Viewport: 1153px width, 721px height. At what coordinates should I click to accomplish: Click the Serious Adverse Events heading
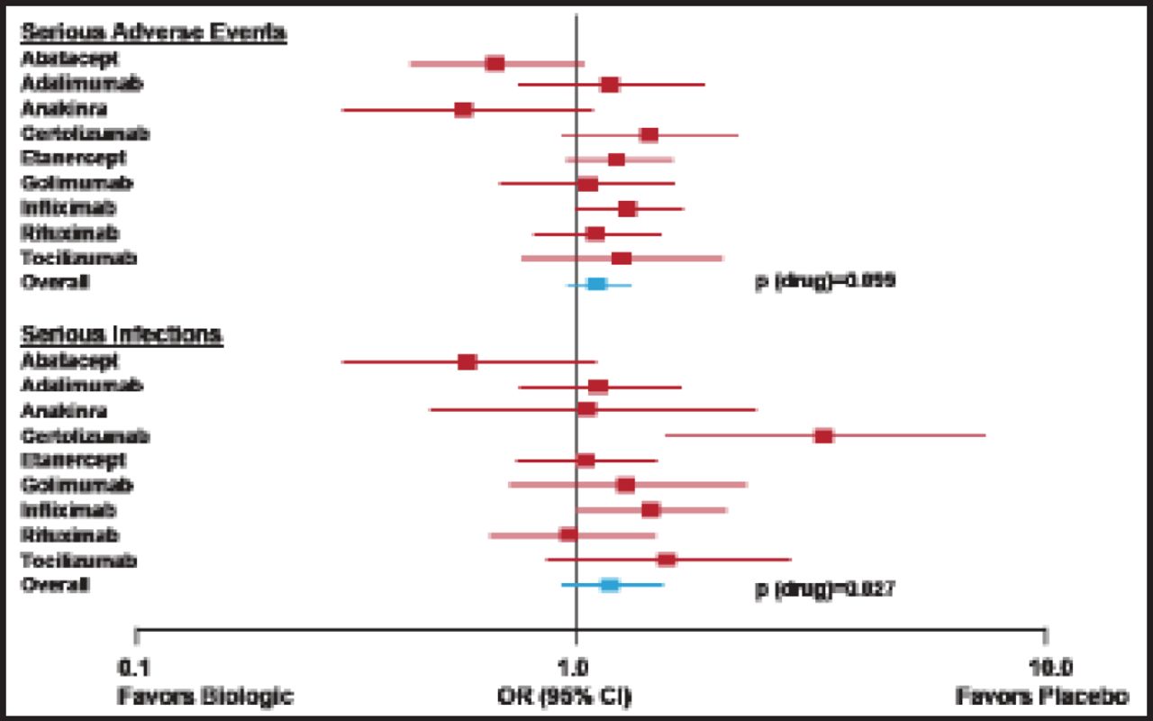tap(154, 32)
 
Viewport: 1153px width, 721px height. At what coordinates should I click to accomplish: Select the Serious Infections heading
tap(122, 334)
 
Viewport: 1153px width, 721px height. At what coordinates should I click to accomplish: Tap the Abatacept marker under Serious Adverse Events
tap(495, 63)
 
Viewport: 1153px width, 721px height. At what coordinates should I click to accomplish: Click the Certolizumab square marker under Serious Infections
tap(823, 436)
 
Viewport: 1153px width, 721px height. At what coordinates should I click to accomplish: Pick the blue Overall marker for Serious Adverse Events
tap(596, 284)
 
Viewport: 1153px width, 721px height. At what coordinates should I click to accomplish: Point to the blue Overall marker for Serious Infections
tap(610, 585)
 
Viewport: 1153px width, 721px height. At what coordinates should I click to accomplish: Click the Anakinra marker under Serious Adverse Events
tap(464, 110)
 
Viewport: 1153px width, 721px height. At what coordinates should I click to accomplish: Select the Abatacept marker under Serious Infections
tap(467, 362)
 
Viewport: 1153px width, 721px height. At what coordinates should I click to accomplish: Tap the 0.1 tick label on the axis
tap(135, 668)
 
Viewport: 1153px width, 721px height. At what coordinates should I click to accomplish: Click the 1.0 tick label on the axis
tap(576, 668)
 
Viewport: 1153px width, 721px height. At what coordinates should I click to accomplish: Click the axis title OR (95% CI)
tap(565, 697)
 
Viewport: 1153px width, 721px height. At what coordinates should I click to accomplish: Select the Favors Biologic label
tap(206, 697)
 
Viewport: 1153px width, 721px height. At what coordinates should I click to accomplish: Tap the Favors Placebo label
tap(1042, 697)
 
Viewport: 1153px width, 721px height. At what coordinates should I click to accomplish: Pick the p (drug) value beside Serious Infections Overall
tap(824, 590)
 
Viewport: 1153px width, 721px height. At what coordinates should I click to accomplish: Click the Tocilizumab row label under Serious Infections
tap(79, 561)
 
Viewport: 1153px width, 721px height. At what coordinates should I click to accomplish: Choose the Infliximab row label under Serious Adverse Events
tap(68, 207)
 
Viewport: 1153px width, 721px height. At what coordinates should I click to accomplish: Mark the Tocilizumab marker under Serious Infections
tap(667, 560)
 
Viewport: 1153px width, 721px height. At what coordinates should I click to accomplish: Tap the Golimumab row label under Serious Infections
tap(77, 486)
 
